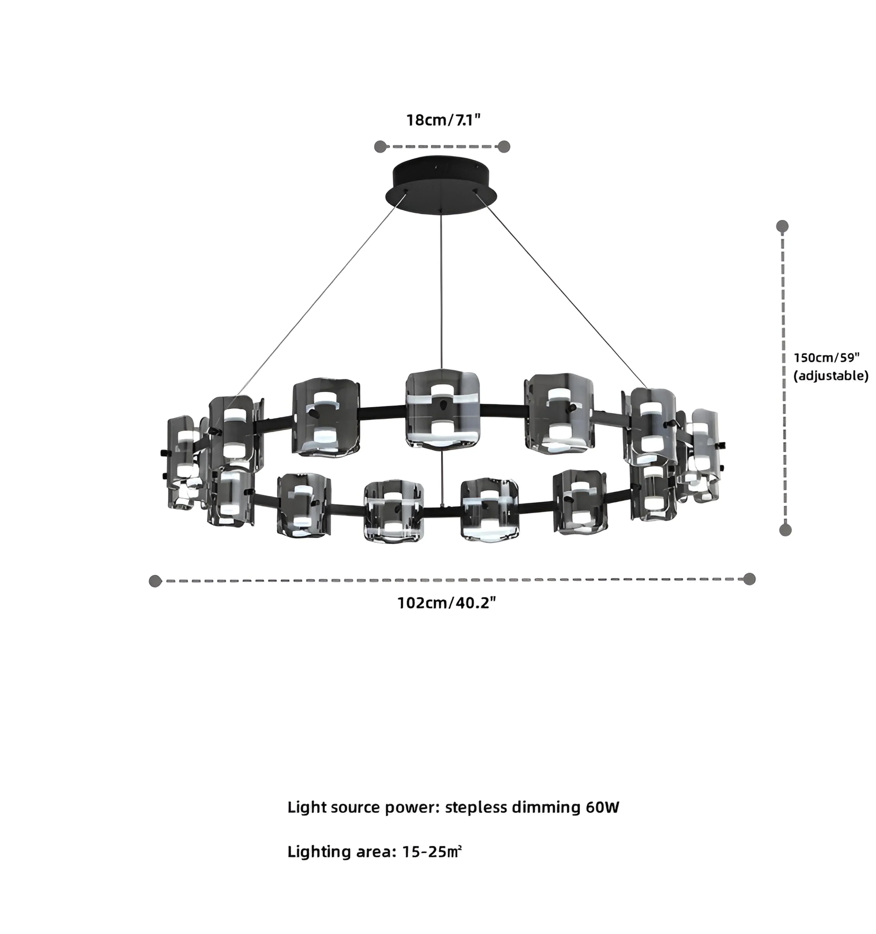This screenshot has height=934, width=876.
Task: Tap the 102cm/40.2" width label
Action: tap(447, 603)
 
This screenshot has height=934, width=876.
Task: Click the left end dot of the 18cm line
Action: tap(380, 147)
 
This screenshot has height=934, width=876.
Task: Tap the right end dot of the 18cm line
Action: tap(504, 147)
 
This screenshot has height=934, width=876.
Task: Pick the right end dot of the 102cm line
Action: tap(749, 579)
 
